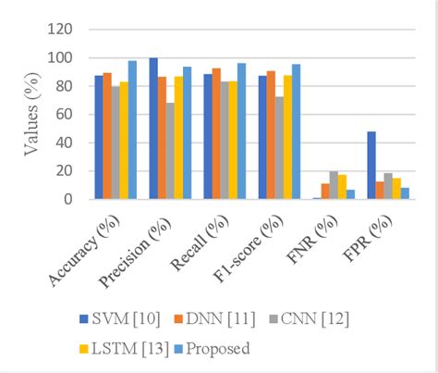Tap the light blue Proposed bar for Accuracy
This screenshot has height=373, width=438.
132,130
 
